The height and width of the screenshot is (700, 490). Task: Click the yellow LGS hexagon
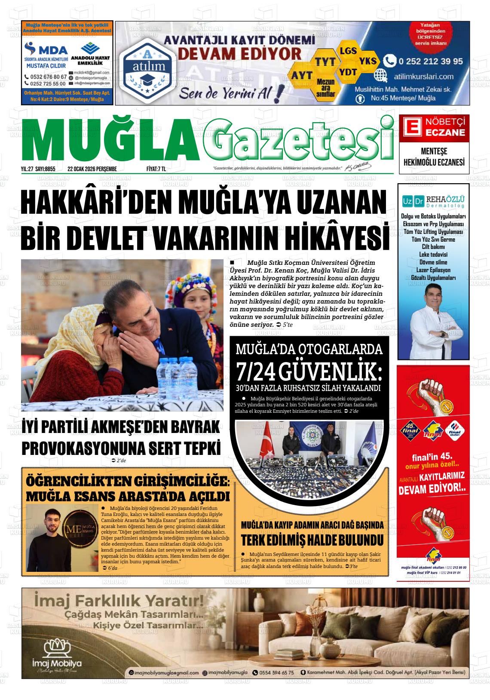point(348,51)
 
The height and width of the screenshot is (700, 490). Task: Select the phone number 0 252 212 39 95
point(430,61)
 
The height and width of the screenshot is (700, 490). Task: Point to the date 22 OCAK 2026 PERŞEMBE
point(92,169)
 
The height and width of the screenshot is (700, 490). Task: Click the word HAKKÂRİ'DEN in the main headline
point(95,201)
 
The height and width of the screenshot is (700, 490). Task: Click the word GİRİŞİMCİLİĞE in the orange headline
point(178,481)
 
